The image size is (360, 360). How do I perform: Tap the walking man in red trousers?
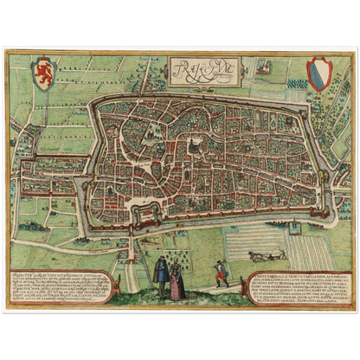coord(222,272)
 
